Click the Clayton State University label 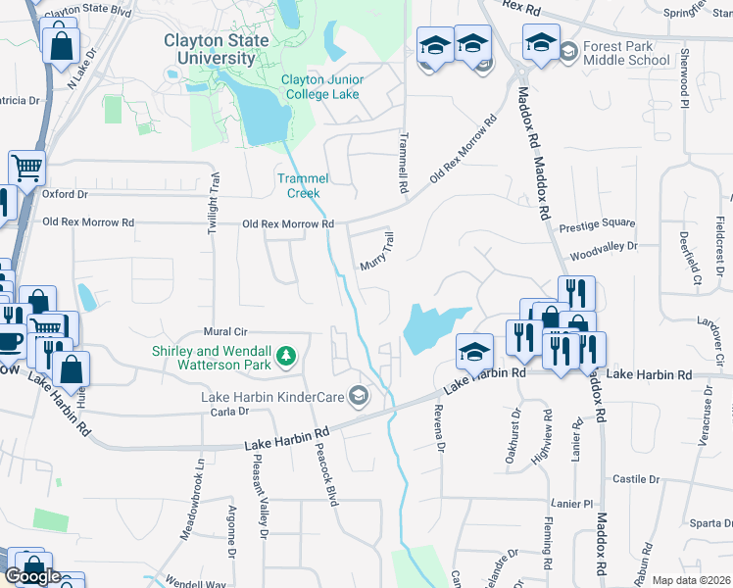click(224, 49)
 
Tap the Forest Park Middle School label click(626, 53)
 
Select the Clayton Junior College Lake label click(319, 87)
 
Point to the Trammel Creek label click(303, 185)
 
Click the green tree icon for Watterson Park click(286, 356)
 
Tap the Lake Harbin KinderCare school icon click(359, 396)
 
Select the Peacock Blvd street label click(328, 473)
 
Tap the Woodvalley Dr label click(604, 247)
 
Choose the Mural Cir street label click(223, 331)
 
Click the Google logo click(32, 576)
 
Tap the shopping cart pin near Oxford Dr click(26, 168)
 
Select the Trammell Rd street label click(402, 161)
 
